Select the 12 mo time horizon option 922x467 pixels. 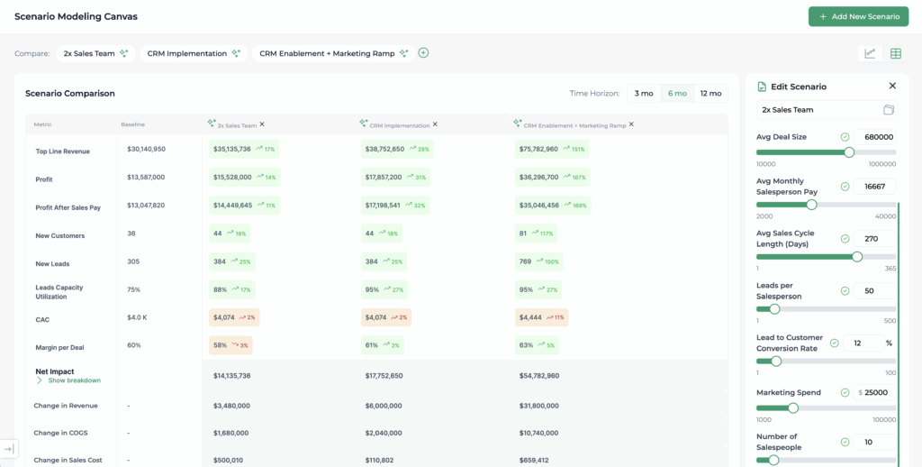[710, 93]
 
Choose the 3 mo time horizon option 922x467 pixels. [644, 93]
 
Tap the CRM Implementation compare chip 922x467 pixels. [187, 53]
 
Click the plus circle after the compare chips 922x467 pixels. [423, 52]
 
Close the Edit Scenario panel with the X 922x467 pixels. [892, 86]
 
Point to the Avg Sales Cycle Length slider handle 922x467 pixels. [856, 257]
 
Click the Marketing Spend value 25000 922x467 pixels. [878, 392]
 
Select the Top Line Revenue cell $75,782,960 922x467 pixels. [538, 149]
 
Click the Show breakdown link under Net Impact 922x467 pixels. [74, 380]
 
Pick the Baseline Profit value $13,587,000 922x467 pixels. [146, 177]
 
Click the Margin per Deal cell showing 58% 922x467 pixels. [221, 345]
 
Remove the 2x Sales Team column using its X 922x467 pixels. [262, 124]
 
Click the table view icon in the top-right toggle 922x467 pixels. [895, 53]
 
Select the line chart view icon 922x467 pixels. [870, 53]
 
